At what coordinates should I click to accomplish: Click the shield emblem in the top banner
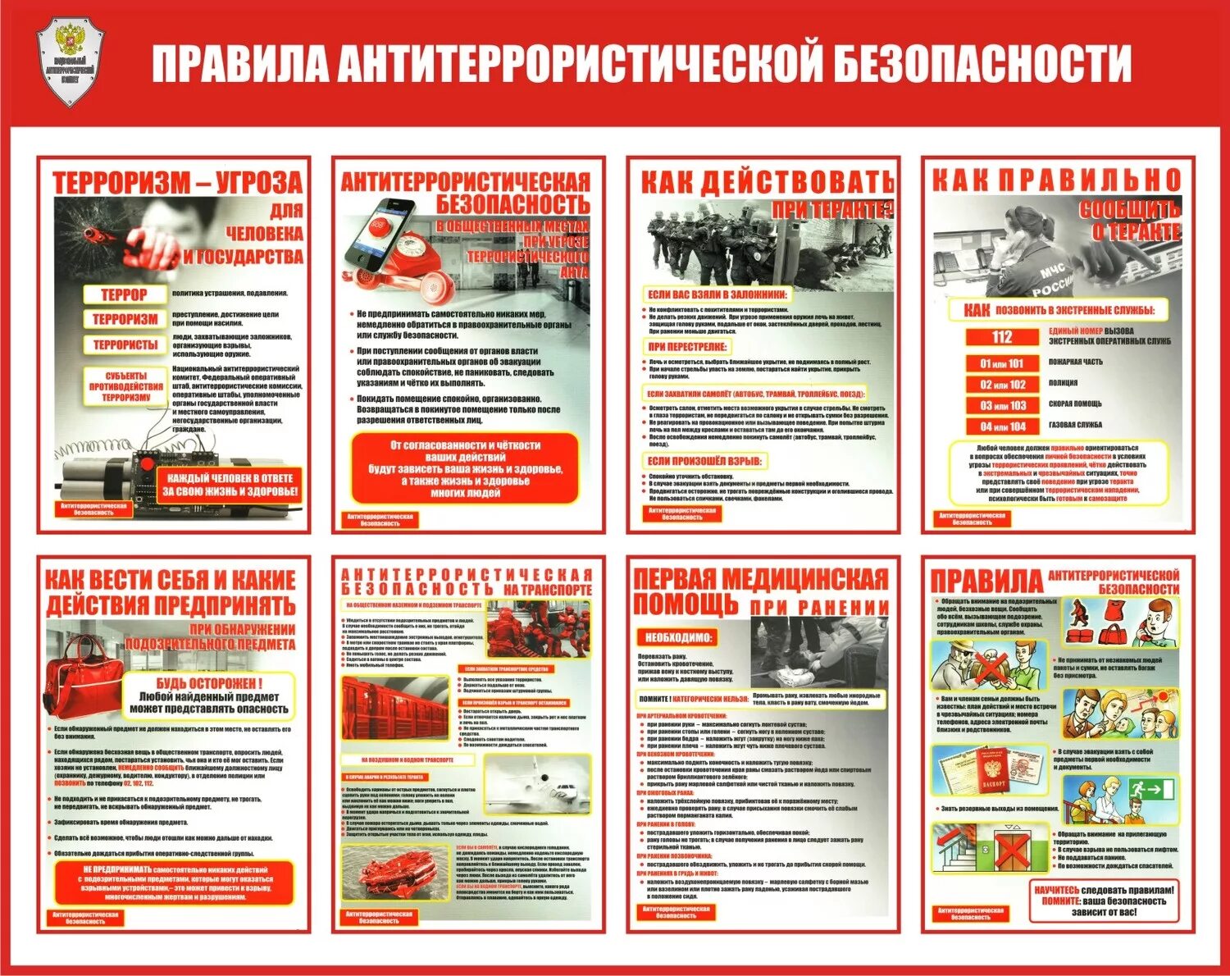tap(71, 62)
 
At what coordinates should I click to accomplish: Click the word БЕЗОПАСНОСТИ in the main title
tap(982, 62)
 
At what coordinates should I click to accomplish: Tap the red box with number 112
tap(1002, 337)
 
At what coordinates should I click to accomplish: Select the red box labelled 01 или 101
tap(1002, 363)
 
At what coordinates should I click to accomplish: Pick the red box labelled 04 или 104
tap(1002, 426)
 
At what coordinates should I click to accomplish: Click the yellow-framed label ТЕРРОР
tap(125, 294)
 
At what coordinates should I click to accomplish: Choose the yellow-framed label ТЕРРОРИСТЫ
tap(125, 345)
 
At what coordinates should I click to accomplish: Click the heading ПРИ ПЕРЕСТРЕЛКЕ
tap(687, 347)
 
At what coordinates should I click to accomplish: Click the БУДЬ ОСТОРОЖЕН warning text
tap(209, 683)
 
